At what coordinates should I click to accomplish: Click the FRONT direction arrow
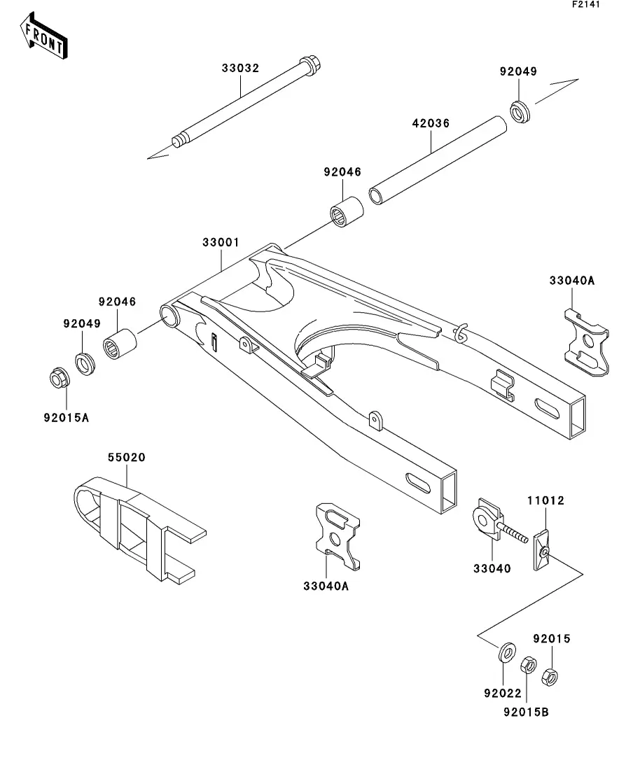click(43, 36)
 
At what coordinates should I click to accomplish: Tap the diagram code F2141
click(586, 4)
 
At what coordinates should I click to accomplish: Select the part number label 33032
click(240, 68)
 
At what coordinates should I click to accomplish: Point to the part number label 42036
click(431, 123)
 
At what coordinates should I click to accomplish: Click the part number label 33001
click(221, 242)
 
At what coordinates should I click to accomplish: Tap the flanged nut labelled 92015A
click(60, 378)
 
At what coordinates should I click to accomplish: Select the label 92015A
click(66, 418)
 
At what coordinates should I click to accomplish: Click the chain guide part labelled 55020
click(139, 528)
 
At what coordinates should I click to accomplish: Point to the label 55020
click(127, 457)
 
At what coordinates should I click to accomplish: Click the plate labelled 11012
click(541, 550)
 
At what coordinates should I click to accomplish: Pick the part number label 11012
click(545, 500)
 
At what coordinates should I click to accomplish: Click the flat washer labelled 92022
click(507, 653)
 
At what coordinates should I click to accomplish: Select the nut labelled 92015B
click(528, 665)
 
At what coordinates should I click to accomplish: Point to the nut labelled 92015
click(550, 678)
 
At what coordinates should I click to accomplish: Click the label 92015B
click(526, 712)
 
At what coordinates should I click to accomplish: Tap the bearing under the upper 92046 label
click(347, 212)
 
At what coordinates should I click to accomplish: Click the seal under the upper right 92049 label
click(520, 111)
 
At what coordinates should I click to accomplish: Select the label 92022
click(503, 693)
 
